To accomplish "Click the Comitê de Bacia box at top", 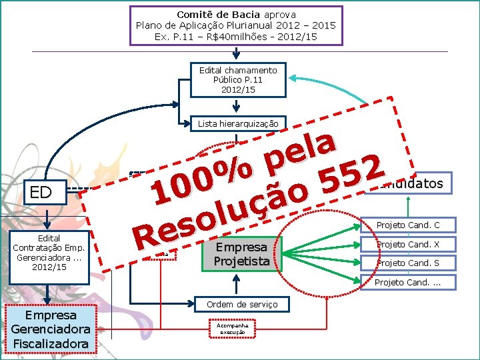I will [x=236, y=25].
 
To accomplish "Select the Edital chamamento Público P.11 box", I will [x=238, y=80].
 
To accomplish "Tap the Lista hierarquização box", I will [x=238, y=123].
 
